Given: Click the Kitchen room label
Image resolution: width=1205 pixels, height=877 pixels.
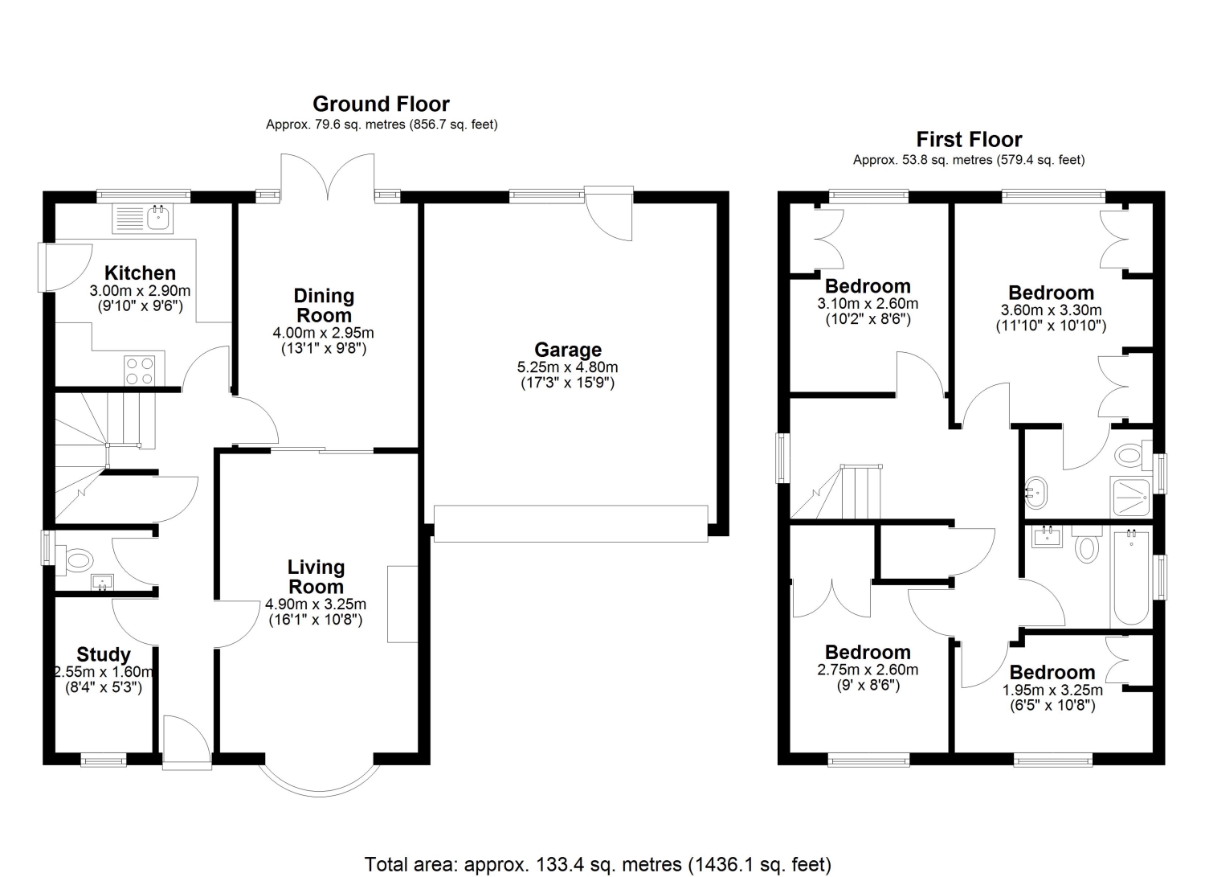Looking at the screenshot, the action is click(140, 273).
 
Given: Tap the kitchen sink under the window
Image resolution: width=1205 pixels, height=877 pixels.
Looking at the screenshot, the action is click(142, 219).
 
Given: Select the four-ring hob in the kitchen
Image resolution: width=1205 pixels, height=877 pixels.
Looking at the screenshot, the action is click(139, 371).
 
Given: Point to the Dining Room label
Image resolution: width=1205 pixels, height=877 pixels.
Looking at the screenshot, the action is click(324, 305).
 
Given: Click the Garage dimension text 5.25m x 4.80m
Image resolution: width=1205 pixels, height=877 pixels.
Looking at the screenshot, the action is click(567, 367).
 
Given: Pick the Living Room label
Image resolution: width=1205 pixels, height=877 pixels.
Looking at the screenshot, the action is click(316, 576).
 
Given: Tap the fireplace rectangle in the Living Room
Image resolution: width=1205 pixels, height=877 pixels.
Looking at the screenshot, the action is click(402, 604).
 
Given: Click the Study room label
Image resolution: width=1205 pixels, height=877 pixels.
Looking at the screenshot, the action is click(104, 654).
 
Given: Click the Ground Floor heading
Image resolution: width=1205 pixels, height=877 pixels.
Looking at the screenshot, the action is click(381, 104).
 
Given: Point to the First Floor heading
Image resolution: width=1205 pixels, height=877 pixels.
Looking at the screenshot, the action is click(969, 139).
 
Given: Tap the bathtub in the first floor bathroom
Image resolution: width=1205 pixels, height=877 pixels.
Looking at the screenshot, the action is click(1131, 577).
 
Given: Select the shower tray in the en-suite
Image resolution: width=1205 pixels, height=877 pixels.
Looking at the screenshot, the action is click(1129, 496).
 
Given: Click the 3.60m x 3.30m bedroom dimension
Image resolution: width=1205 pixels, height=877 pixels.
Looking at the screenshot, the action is click(1051, 310).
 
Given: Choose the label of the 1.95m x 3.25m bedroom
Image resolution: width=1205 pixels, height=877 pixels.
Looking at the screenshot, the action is click(1052, 673).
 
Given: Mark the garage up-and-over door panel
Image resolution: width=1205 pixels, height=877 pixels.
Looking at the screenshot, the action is click(570, 523).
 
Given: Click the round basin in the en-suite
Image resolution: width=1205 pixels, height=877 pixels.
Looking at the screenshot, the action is click(1034, 492).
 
